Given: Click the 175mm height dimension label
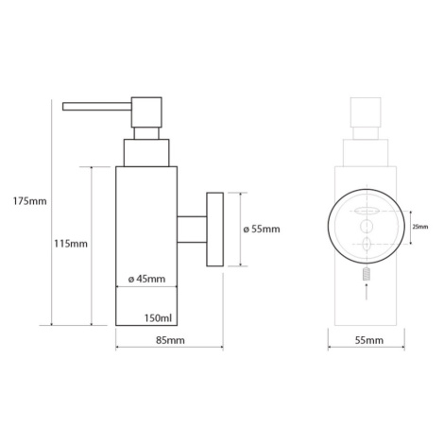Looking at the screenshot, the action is point(29,201).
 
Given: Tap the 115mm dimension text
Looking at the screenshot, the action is point(71,244).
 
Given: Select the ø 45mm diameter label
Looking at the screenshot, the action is point(146,279).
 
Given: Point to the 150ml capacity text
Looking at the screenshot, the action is point(159,318).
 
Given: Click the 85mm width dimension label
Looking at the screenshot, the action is point(170,340).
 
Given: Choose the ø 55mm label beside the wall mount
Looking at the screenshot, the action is point(262,229).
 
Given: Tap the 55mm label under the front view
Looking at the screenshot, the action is point(369,340).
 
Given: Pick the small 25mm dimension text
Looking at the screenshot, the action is point(420,227).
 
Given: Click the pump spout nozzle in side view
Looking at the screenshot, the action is point(97,107).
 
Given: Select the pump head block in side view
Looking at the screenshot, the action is point(146,112).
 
